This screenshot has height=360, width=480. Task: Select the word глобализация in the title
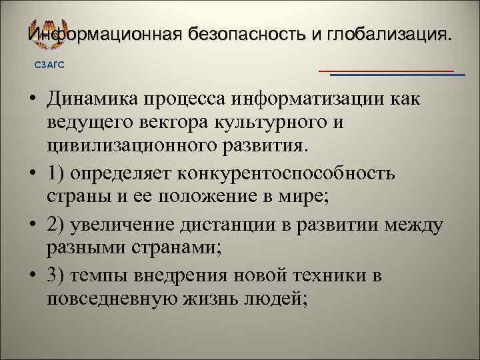[386, 33]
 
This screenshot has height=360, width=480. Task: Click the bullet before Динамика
[32, 100]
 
